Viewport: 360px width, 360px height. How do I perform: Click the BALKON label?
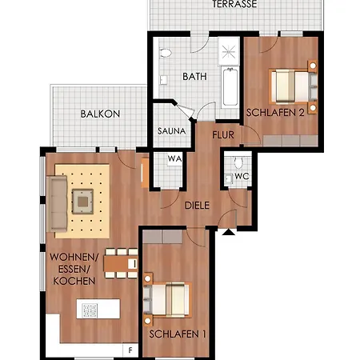[x=100, y=114]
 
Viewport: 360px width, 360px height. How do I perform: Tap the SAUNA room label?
[x=172, y=131]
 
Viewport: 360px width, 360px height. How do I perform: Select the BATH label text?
[x=194, y=77]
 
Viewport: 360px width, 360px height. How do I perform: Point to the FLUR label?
[x=223, y=135]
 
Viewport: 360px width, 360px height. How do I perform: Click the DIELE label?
[x=197, y=206]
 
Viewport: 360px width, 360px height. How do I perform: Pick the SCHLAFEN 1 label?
[x=178, y=334]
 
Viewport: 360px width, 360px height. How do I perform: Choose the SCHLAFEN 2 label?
[x=275, y=113]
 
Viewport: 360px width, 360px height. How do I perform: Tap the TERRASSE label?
[x=234, y=4]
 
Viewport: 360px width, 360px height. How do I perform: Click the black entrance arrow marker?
[x=229, y=232]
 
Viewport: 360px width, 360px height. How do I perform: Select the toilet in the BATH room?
[x=166, y=53]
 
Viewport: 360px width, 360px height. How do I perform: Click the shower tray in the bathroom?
[x=229, y=51]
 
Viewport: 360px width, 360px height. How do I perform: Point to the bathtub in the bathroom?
[x=230, y=87]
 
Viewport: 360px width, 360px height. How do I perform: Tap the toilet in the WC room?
[x=238, y=162]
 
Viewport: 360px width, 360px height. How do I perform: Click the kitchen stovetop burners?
[x=90, y=310]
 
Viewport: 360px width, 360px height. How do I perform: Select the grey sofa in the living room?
[x=57, y=204]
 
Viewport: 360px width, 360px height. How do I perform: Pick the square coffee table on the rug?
[x=83, y=202]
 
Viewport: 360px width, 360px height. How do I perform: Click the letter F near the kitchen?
[x=130, y=350]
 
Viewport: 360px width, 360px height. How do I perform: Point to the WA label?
[x=174, y=159]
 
